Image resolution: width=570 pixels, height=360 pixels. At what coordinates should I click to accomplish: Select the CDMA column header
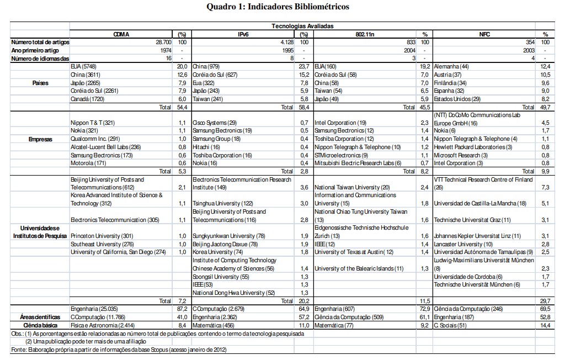pyautogui.click(x=121, y=34)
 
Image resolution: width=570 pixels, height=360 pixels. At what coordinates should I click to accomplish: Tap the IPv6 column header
pyautogui.click(x=243, y=34)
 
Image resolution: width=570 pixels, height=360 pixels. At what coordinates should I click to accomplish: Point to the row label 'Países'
pyautogui.click(x=40, y=83)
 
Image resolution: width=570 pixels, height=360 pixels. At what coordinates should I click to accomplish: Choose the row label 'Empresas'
pyautogui.click(x=40, y=139)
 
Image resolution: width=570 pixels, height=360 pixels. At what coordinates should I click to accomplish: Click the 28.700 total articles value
pyautogui.click(x=162, y=42)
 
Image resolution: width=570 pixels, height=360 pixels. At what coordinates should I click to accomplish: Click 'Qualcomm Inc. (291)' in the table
pyautogui.click(x=95, y=139)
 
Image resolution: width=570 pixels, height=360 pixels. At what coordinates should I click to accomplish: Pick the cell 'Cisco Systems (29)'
pyautogui.click(x=214, y=123)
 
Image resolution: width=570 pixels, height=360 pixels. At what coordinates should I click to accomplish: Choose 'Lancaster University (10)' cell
pyautogui.click(x=463, y=244)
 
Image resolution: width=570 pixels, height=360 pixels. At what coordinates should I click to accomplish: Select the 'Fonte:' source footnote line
pyautogui.click(x=119, y=350)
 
